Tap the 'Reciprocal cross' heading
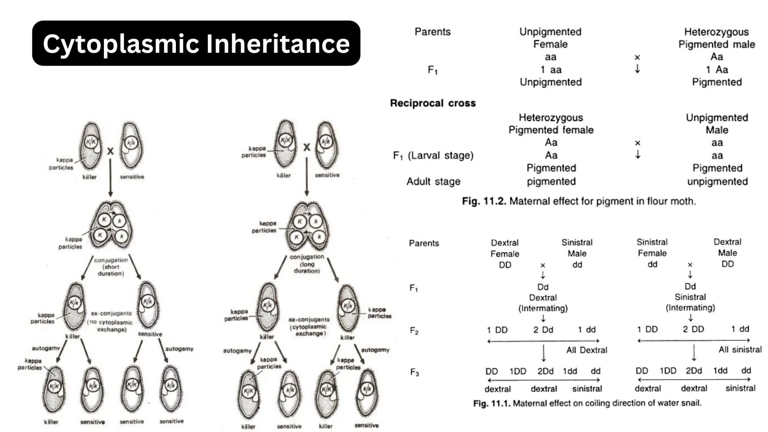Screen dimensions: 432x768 [433, 103]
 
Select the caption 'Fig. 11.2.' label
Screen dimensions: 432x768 [484, 201]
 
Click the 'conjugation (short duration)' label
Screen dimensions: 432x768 [111, 267]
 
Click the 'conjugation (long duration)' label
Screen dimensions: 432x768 [307, 264]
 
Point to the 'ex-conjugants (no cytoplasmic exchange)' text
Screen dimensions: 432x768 [111, 321]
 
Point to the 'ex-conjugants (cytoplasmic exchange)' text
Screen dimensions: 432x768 [309, 326]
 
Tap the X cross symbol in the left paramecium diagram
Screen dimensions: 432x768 [110, 151]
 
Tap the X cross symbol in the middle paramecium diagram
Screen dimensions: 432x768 [307, 147]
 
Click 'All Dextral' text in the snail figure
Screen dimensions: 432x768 [586, 350]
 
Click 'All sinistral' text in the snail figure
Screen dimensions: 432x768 [740, 349]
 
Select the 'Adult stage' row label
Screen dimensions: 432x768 [433, 181]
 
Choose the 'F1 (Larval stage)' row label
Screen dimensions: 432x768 [433, 155]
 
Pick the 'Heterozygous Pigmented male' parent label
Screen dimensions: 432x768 [716, 38]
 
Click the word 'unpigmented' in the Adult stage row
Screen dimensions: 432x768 [717, 181]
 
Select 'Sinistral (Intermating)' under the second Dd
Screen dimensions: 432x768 [690, 302]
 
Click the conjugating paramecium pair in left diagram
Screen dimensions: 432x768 [111, 225]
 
